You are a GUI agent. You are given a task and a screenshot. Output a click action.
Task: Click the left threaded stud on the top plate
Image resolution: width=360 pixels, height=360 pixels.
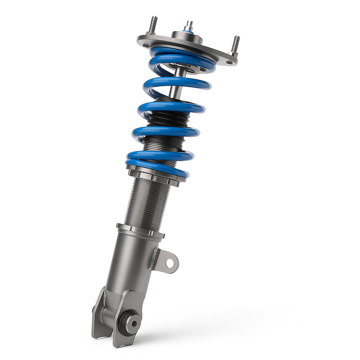click(153, 25)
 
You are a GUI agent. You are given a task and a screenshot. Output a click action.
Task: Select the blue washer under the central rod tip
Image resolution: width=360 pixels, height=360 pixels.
click(188, 32)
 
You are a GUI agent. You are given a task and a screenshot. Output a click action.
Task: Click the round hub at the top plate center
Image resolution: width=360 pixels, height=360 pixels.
click(186, 37)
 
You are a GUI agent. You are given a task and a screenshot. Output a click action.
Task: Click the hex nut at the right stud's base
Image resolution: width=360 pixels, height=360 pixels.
click(234, 55)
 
